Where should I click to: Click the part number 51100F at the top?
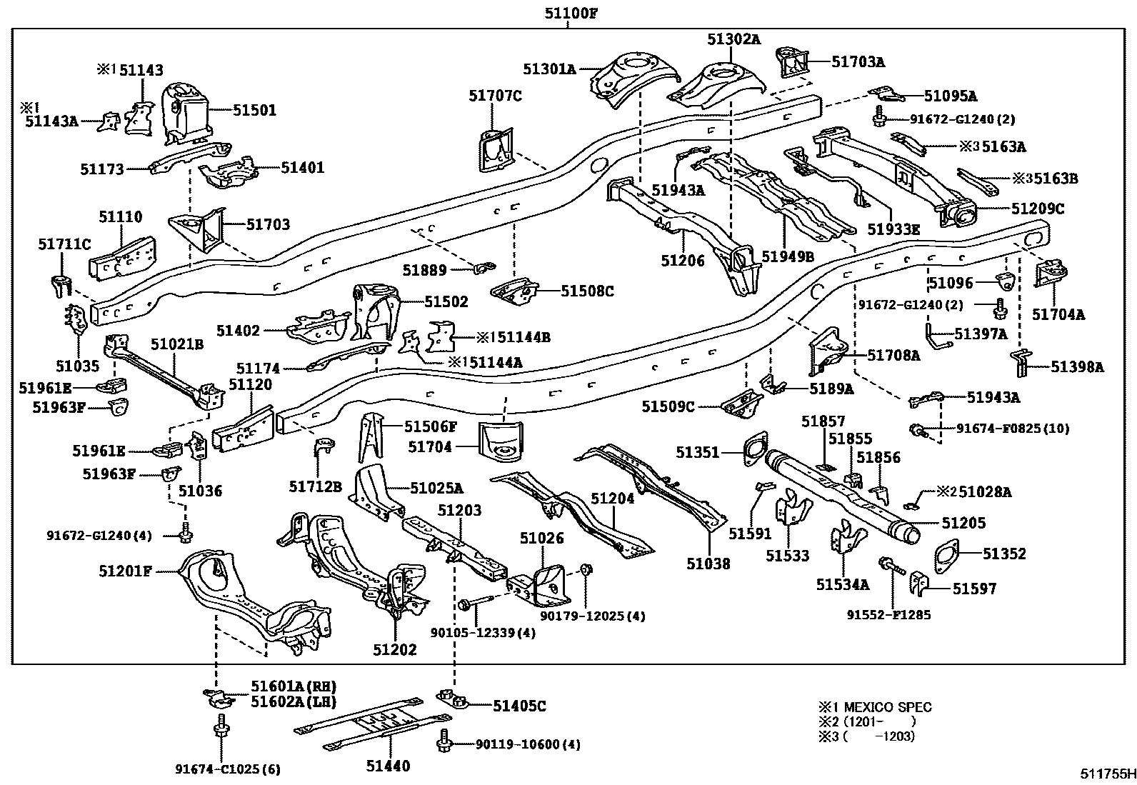(x=568, y=12)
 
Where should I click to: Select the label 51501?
(x=254, y=110)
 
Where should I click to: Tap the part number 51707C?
(x=495, y=95)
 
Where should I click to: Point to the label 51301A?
(x=549, y=69)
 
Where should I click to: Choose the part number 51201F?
(x=126, y=571)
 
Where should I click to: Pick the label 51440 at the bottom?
(x=389, y=766)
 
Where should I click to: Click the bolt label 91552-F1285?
(x=889, y=614)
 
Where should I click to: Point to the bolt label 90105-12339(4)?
(x=493, y=632)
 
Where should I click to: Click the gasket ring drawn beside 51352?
(x=951, y=554)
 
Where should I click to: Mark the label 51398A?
(x=1077, y=367)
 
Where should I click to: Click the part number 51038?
(x=708, y=564)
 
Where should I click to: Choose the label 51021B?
(x=177, y=344)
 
